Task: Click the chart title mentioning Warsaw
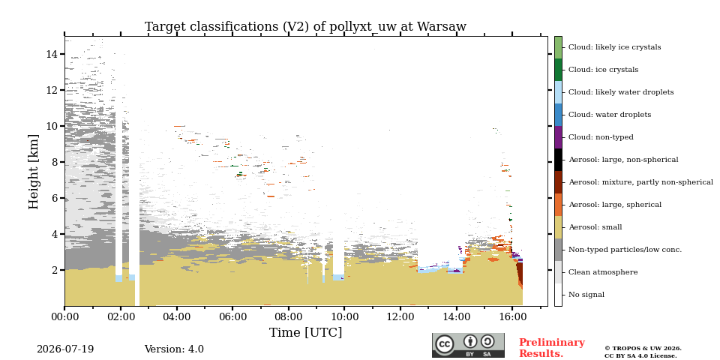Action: click(x=305, y=27)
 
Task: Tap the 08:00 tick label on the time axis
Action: click(x=289, y=316)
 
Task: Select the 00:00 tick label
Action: click(x=64, y=316)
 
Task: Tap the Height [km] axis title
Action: click(x=34, y=172)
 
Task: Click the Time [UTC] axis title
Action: click(x=305, y=332)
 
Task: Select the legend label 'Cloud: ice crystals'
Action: click(x=603, y=70)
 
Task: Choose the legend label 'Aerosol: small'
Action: click(x=595, y=227)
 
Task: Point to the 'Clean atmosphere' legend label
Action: click(x=603, y=272)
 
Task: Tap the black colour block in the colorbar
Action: click(x=558, y=160)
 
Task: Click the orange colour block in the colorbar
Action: click(x=558, y=205)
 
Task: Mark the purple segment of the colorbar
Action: click(x=558, y=137)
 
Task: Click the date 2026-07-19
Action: click(x=65, y=349)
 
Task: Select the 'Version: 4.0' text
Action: click(x=174, y=349)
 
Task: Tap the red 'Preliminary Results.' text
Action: click(x=552, y=348)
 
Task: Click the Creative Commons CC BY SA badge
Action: click(x=468, y=345)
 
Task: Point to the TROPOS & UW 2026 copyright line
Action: click(x=643, y=349)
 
